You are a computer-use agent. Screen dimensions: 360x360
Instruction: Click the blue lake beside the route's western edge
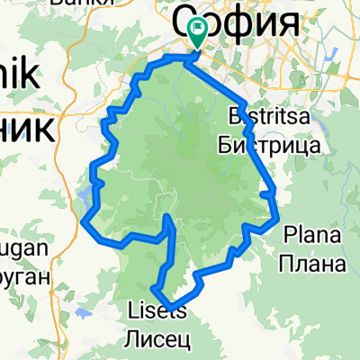(86, 193)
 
